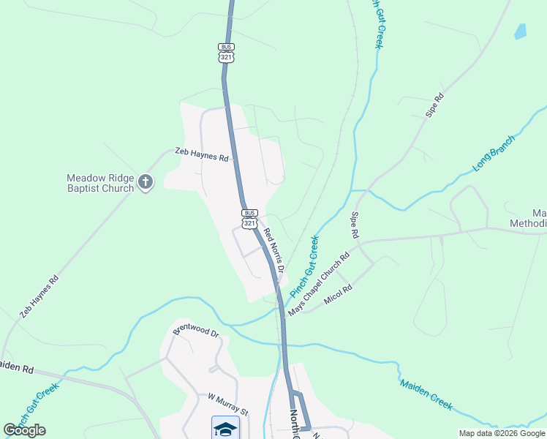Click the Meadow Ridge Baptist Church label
[x=100, y=183]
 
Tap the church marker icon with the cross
[x=146, y=182]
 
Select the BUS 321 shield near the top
[x=227, y=52]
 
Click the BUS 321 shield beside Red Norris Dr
[x=250, y=218]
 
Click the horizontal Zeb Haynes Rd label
[x=202, y=154]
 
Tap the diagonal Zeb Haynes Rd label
[x=39, y=296]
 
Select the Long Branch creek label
[x=494, y=153]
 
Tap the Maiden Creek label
[x=426, y=394]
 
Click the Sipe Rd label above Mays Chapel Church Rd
[x=355, y=225]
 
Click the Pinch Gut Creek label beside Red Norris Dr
[x=304, y=266]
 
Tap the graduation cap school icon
[x=226, y=428]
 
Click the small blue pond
[x=520, y=31]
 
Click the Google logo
[x=24, y=430]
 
